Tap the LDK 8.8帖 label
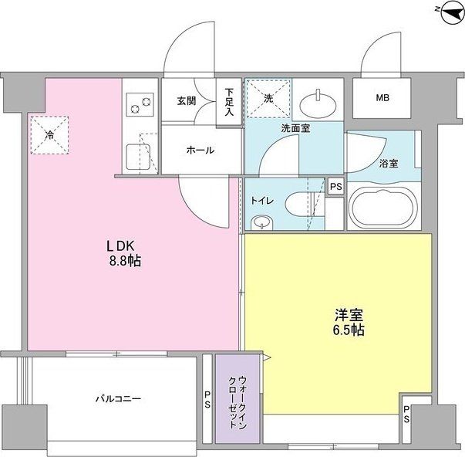point(123,253)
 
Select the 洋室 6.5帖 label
point(349,323)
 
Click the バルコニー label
point(117,398)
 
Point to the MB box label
point(382,98)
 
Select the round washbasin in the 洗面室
point(318,101)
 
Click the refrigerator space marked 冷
point(49,135)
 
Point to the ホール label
point(200,151)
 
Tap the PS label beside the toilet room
point(335,187)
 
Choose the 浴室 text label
point(389,163)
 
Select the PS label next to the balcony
point(207,399)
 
